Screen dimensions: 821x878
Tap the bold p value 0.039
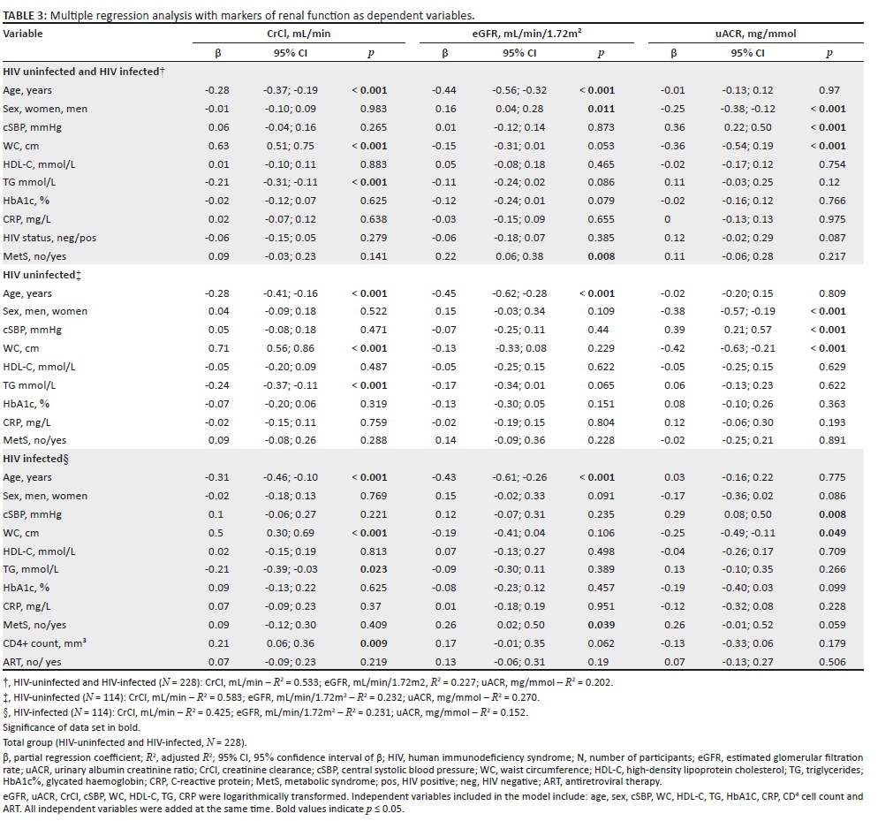(601, 624)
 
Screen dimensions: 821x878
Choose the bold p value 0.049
(828, 532)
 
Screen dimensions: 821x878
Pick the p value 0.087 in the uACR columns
(828, 237)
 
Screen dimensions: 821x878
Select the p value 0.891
(828, 440)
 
